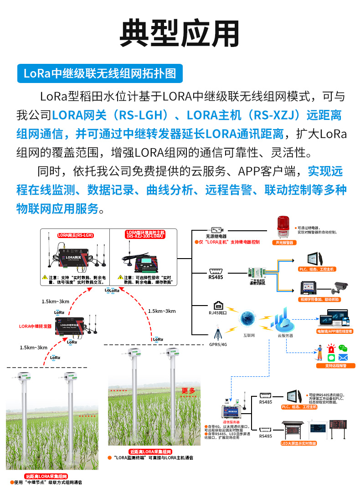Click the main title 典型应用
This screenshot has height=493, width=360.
pyautogui.click(x=180, y=33)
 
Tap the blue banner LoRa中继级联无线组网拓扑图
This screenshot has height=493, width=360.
pyautogui.click(x=100, y=73)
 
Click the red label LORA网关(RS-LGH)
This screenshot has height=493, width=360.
pyautogui.click(x=75, y=235)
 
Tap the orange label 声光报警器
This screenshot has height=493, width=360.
pyautogui.click(x=282, y=243)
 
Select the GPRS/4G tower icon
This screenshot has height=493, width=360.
pyautogui.click(x=218, y=332)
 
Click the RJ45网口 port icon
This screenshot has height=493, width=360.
pyautogui.click(x=217, y=305)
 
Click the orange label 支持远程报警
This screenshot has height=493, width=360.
pyautogui.click(x=336, y=366)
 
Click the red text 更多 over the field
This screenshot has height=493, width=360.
pyautogui.click(x=188, y=390)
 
